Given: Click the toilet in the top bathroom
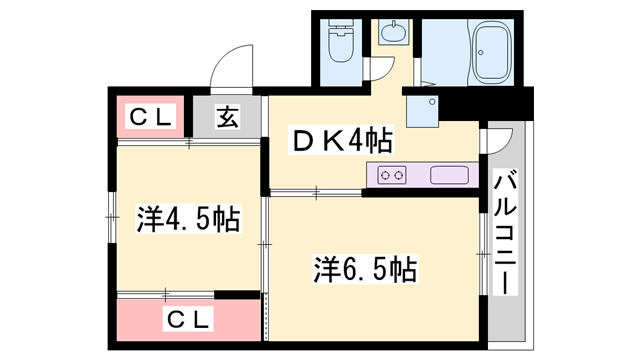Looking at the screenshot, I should click(x=339, y=45).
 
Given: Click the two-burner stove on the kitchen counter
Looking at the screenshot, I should click(x=392, y=175).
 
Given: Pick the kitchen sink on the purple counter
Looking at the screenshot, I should click(x=449, y=175).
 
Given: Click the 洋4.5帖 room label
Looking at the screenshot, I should click(x=188, y=218).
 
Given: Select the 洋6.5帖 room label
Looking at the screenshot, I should click(x=365, y=268).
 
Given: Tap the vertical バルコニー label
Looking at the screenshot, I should click(x=506, y=232).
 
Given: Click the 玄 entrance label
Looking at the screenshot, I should click(x=228, y=118).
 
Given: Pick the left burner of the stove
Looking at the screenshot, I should click(x=386, y=175).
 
